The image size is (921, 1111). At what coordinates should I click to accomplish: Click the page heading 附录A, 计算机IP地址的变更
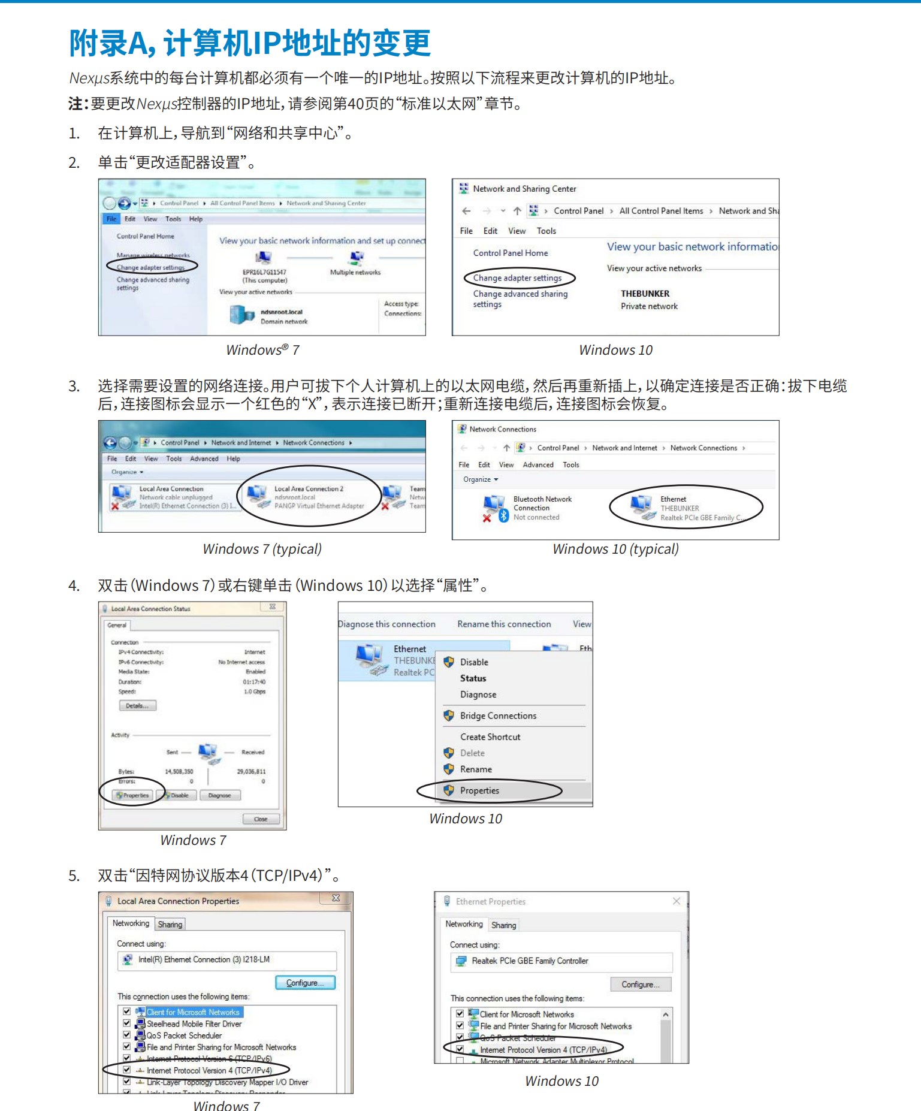250,43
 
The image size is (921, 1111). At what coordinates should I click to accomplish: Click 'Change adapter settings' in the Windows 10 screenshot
517,278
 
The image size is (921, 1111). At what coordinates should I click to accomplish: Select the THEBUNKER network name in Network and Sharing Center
645,294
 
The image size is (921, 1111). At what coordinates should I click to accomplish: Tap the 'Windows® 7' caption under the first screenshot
262,350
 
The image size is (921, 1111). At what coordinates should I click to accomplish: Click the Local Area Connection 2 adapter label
309,489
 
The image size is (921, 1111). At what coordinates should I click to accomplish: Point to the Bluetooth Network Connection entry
542,503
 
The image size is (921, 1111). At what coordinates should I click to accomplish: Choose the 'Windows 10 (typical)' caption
615,549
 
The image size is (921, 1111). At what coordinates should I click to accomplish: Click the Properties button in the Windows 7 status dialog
134,795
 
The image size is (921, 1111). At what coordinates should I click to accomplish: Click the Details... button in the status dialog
137,706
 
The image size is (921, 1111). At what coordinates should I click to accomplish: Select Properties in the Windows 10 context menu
479,790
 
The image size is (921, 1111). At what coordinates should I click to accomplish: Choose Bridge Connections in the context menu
498,715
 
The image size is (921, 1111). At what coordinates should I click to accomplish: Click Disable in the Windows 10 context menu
474,662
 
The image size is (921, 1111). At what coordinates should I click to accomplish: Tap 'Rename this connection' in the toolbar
504,624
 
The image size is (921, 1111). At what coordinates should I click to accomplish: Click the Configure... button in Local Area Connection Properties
305,983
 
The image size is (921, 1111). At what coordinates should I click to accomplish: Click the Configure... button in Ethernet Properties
641,985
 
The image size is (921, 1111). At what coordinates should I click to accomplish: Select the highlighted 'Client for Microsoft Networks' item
193,1012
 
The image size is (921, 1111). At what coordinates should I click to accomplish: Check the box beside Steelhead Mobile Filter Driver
127,1024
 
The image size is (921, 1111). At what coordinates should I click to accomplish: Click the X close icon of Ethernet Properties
677,901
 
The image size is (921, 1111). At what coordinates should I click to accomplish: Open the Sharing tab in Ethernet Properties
503,925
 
